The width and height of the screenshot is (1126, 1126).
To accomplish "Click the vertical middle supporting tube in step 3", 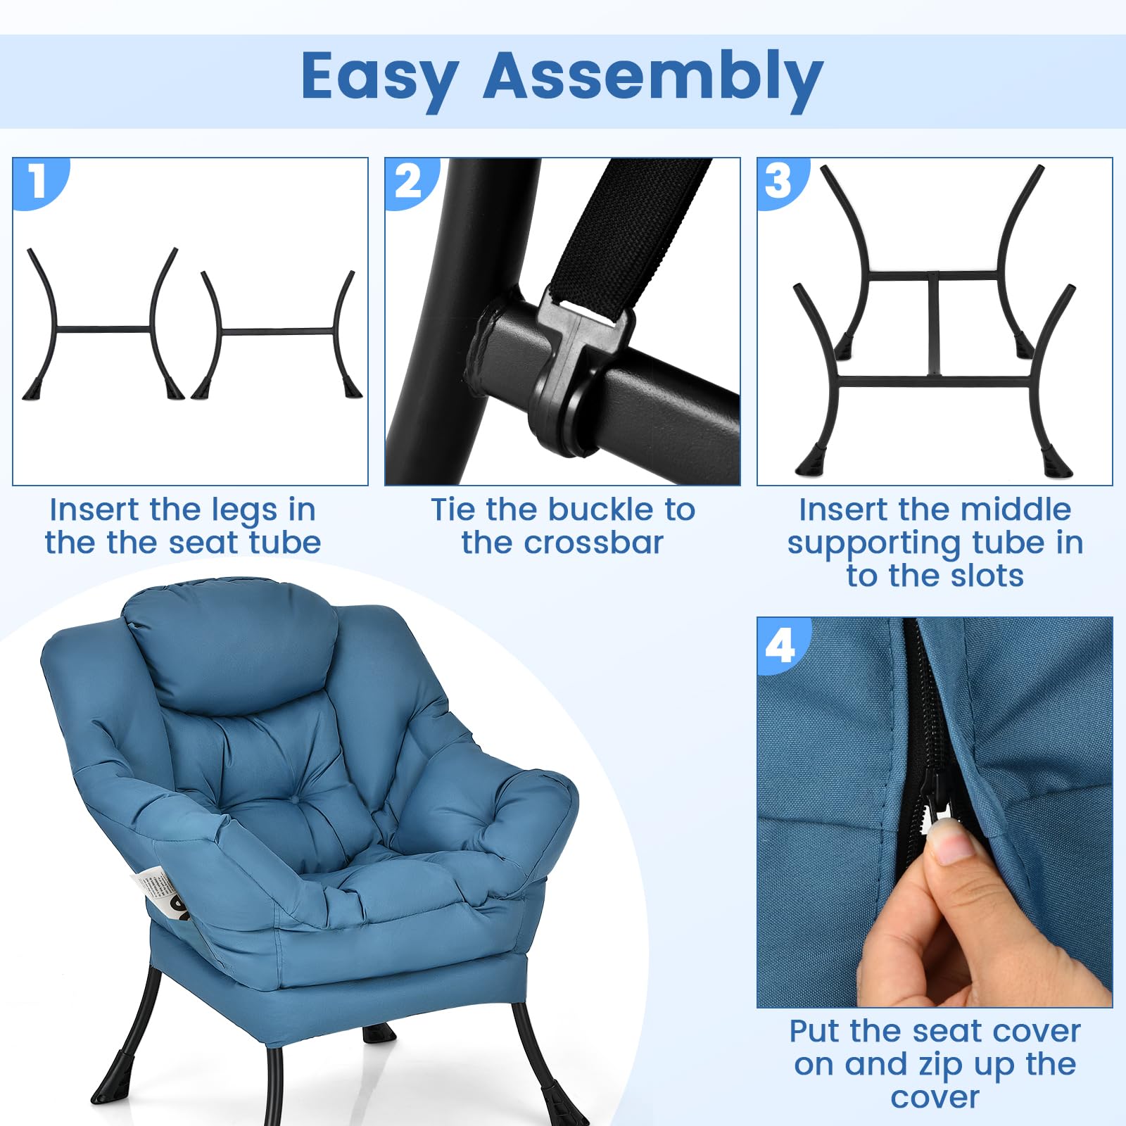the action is tap(934, 324).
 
